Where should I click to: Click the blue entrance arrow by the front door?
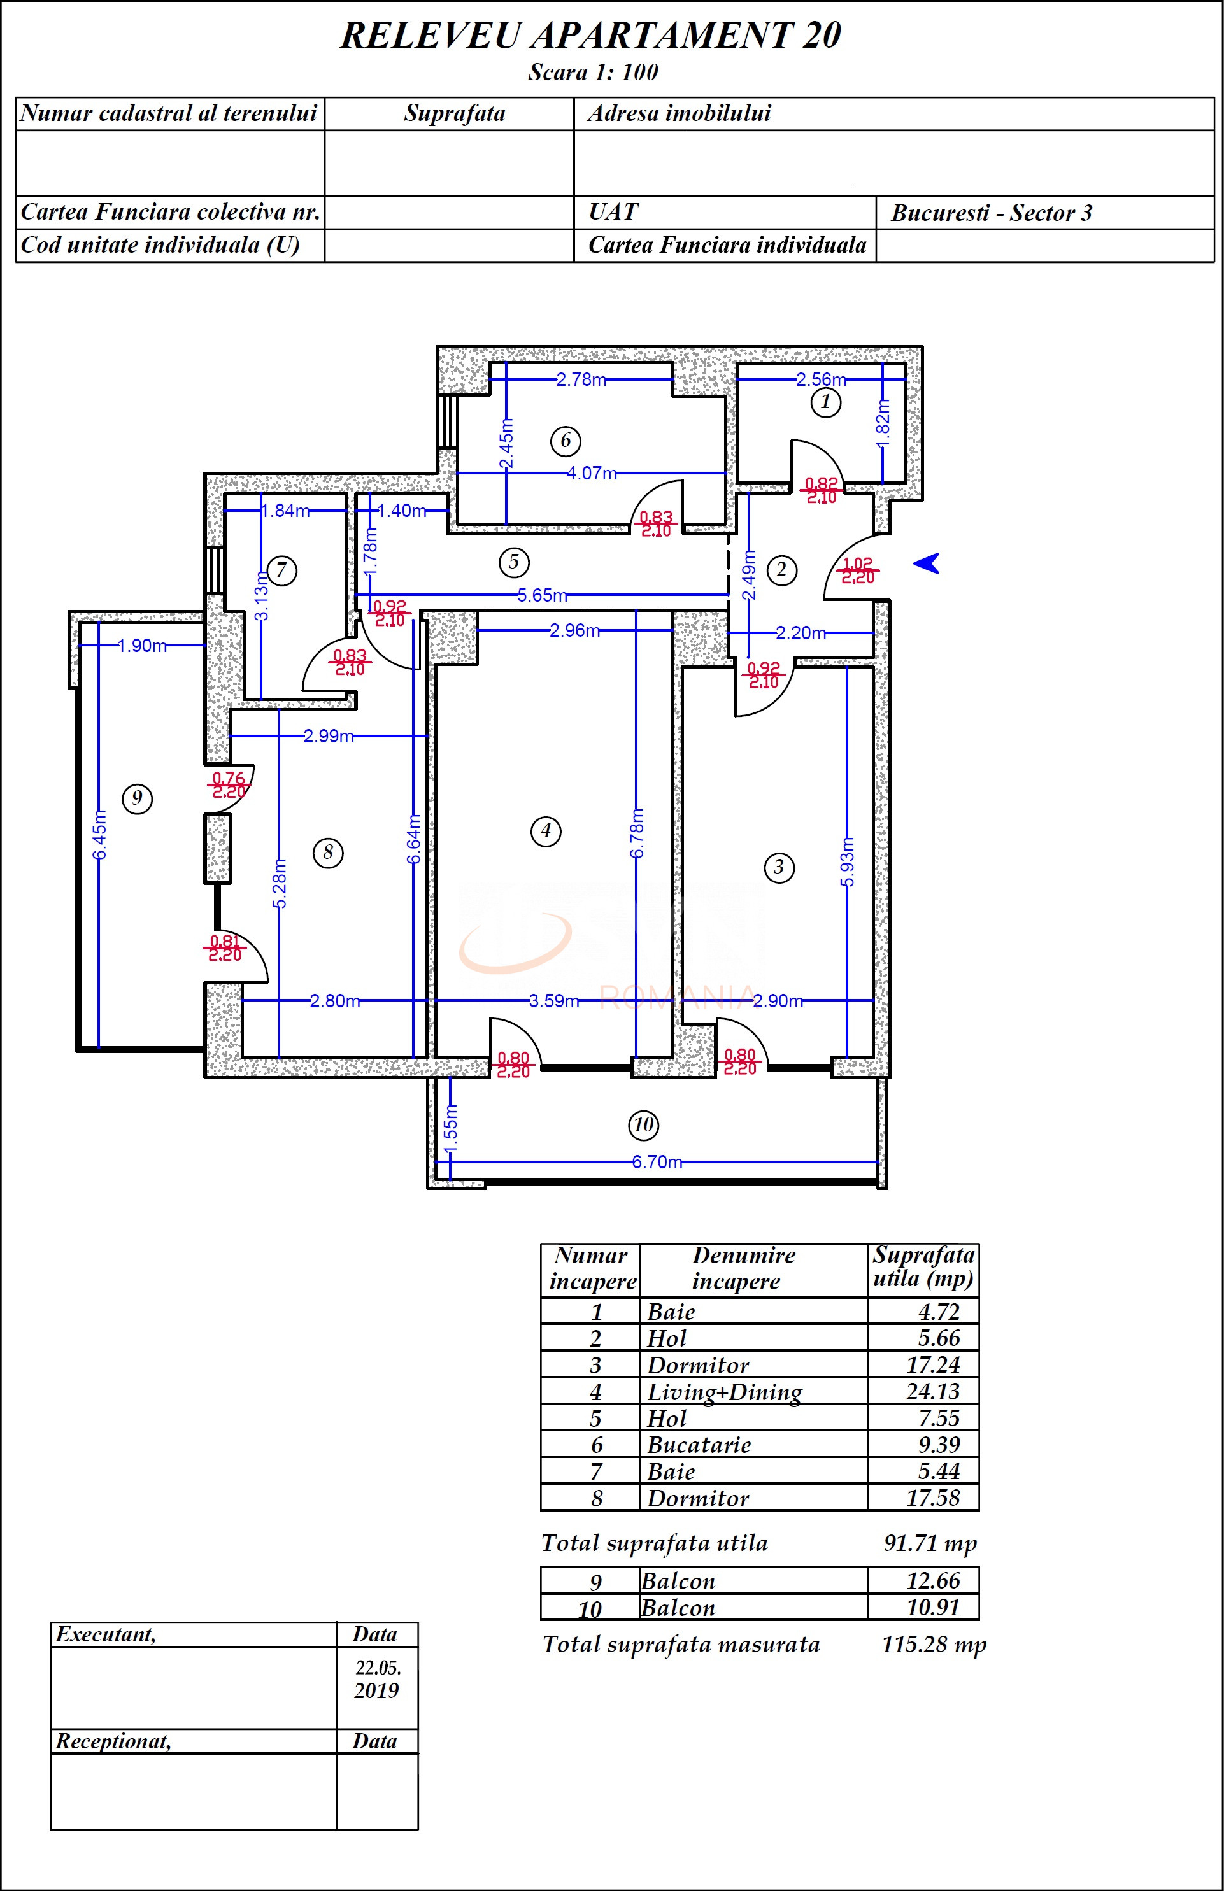(927, 563)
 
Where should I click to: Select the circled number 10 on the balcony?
(643, 1124)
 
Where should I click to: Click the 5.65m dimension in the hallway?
(542, 595)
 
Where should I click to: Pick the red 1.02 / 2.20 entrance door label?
(858, 570)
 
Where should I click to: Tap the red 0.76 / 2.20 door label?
(229, 785)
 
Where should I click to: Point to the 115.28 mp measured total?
(933, 1644)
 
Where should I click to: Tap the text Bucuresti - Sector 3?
(991, 213)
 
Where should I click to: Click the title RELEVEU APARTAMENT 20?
(590, 35)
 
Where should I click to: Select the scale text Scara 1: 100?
(593, 73)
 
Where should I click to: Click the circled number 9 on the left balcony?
(137, 798)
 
